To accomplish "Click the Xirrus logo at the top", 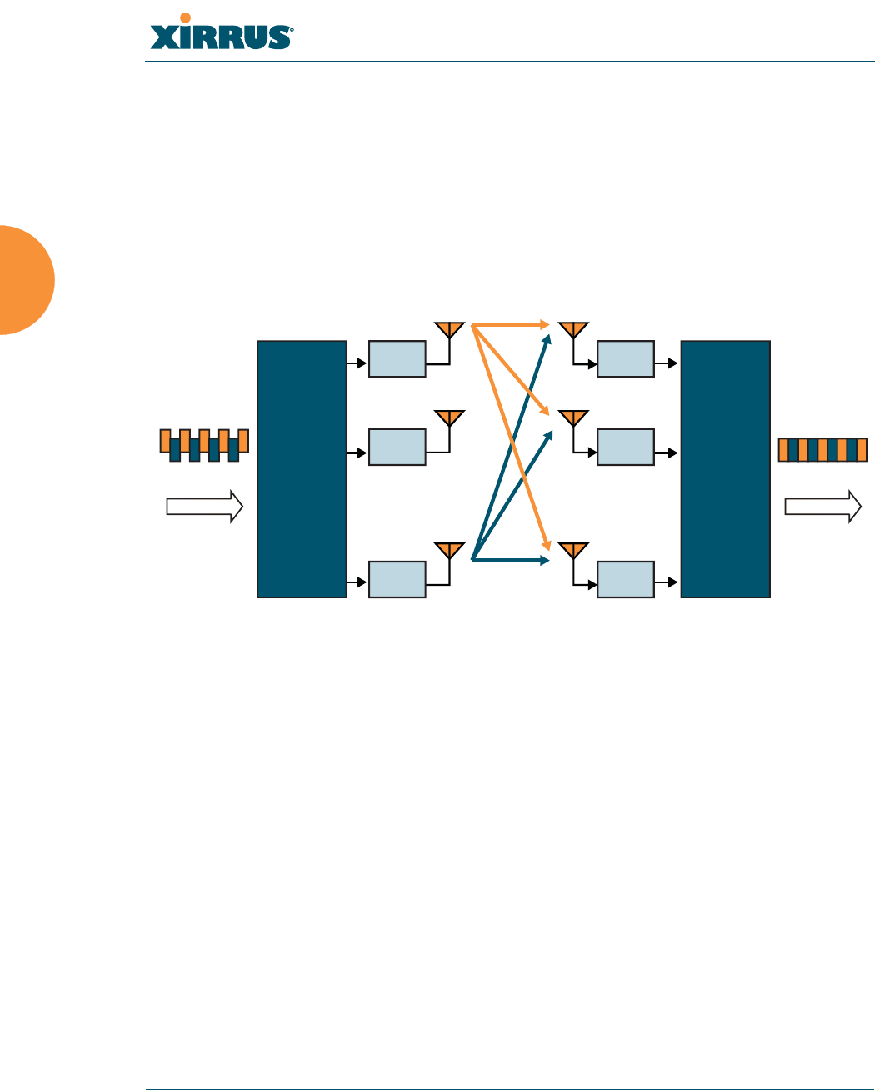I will pos(221,32).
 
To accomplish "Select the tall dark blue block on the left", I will pos(302,468).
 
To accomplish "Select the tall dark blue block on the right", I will pos(725,468).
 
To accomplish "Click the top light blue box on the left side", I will pos(397,358).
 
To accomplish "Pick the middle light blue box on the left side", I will pos(397,447).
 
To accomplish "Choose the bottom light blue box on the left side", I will pos(397,579).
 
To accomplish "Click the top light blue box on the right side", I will pos(626,358).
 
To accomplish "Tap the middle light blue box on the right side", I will pos(626,447).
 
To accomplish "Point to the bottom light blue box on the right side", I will pos(626,579).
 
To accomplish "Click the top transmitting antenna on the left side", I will pos(449,329).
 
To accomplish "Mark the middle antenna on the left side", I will pos(449,417).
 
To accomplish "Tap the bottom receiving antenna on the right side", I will pos(572,550).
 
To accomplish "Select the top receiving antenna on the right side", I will pos(572,329).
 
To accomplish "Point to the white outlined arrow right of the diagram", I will pos(822,507).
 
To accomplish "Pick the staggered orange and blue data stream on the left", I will pos(204,445).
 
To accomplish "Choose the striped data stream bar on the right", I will pos(822,450).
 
